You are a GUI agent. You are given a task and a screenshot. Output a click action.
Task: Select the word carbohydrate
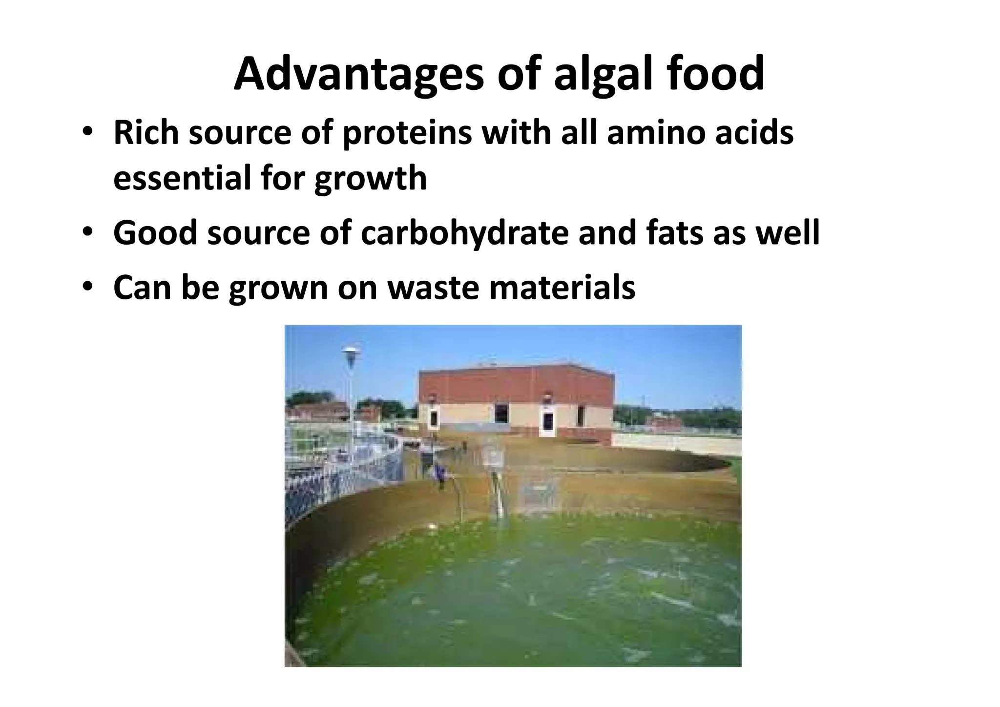coord(464,233)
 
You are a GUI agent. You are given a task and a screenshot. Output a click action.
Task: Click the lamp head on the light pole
coord(351,351)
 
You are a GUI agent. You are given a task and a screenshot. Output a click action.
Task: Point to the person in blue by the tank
coord(441,474)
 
